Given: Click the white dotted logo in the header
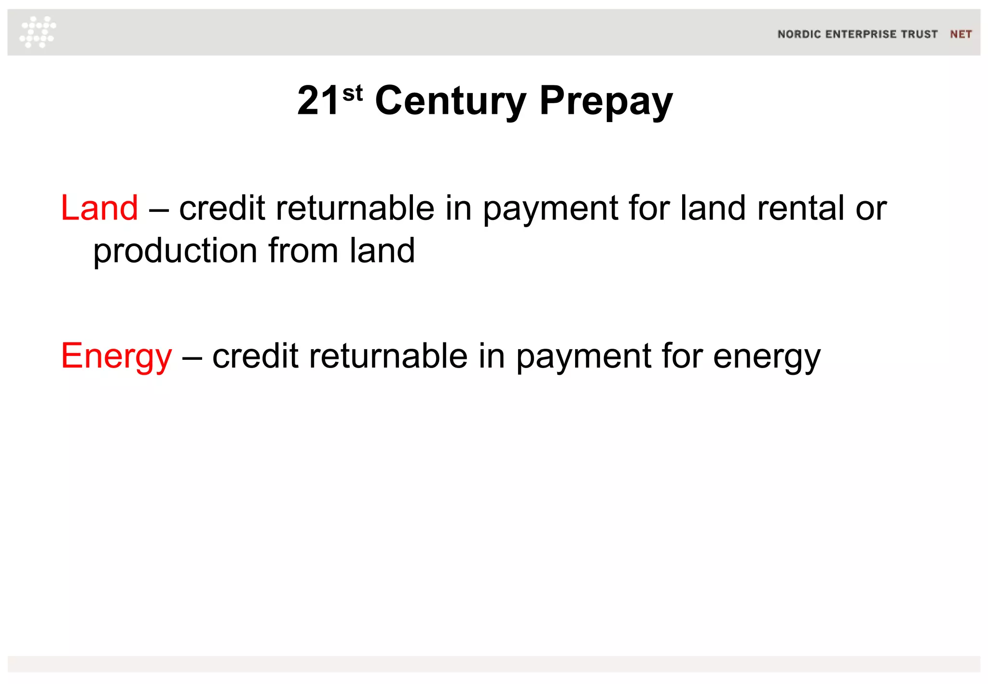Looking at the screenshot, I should (x=38, y=32).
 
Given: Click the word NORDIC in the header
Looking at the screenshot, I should (x=799, y=34).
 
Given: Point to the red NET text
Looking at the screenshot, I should (x=961, y=34).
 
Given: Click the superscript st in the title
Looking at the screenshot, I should (x=352, y=93).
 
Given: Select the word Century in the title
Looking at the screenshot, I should (x=451, y=101).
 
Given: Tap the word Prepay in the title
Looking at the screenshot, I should (x=605, y=101).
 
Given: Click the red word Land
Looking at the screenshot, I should (x=99, y=208).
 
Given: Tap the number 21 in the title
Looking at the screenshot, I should (x=318, y=101).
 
